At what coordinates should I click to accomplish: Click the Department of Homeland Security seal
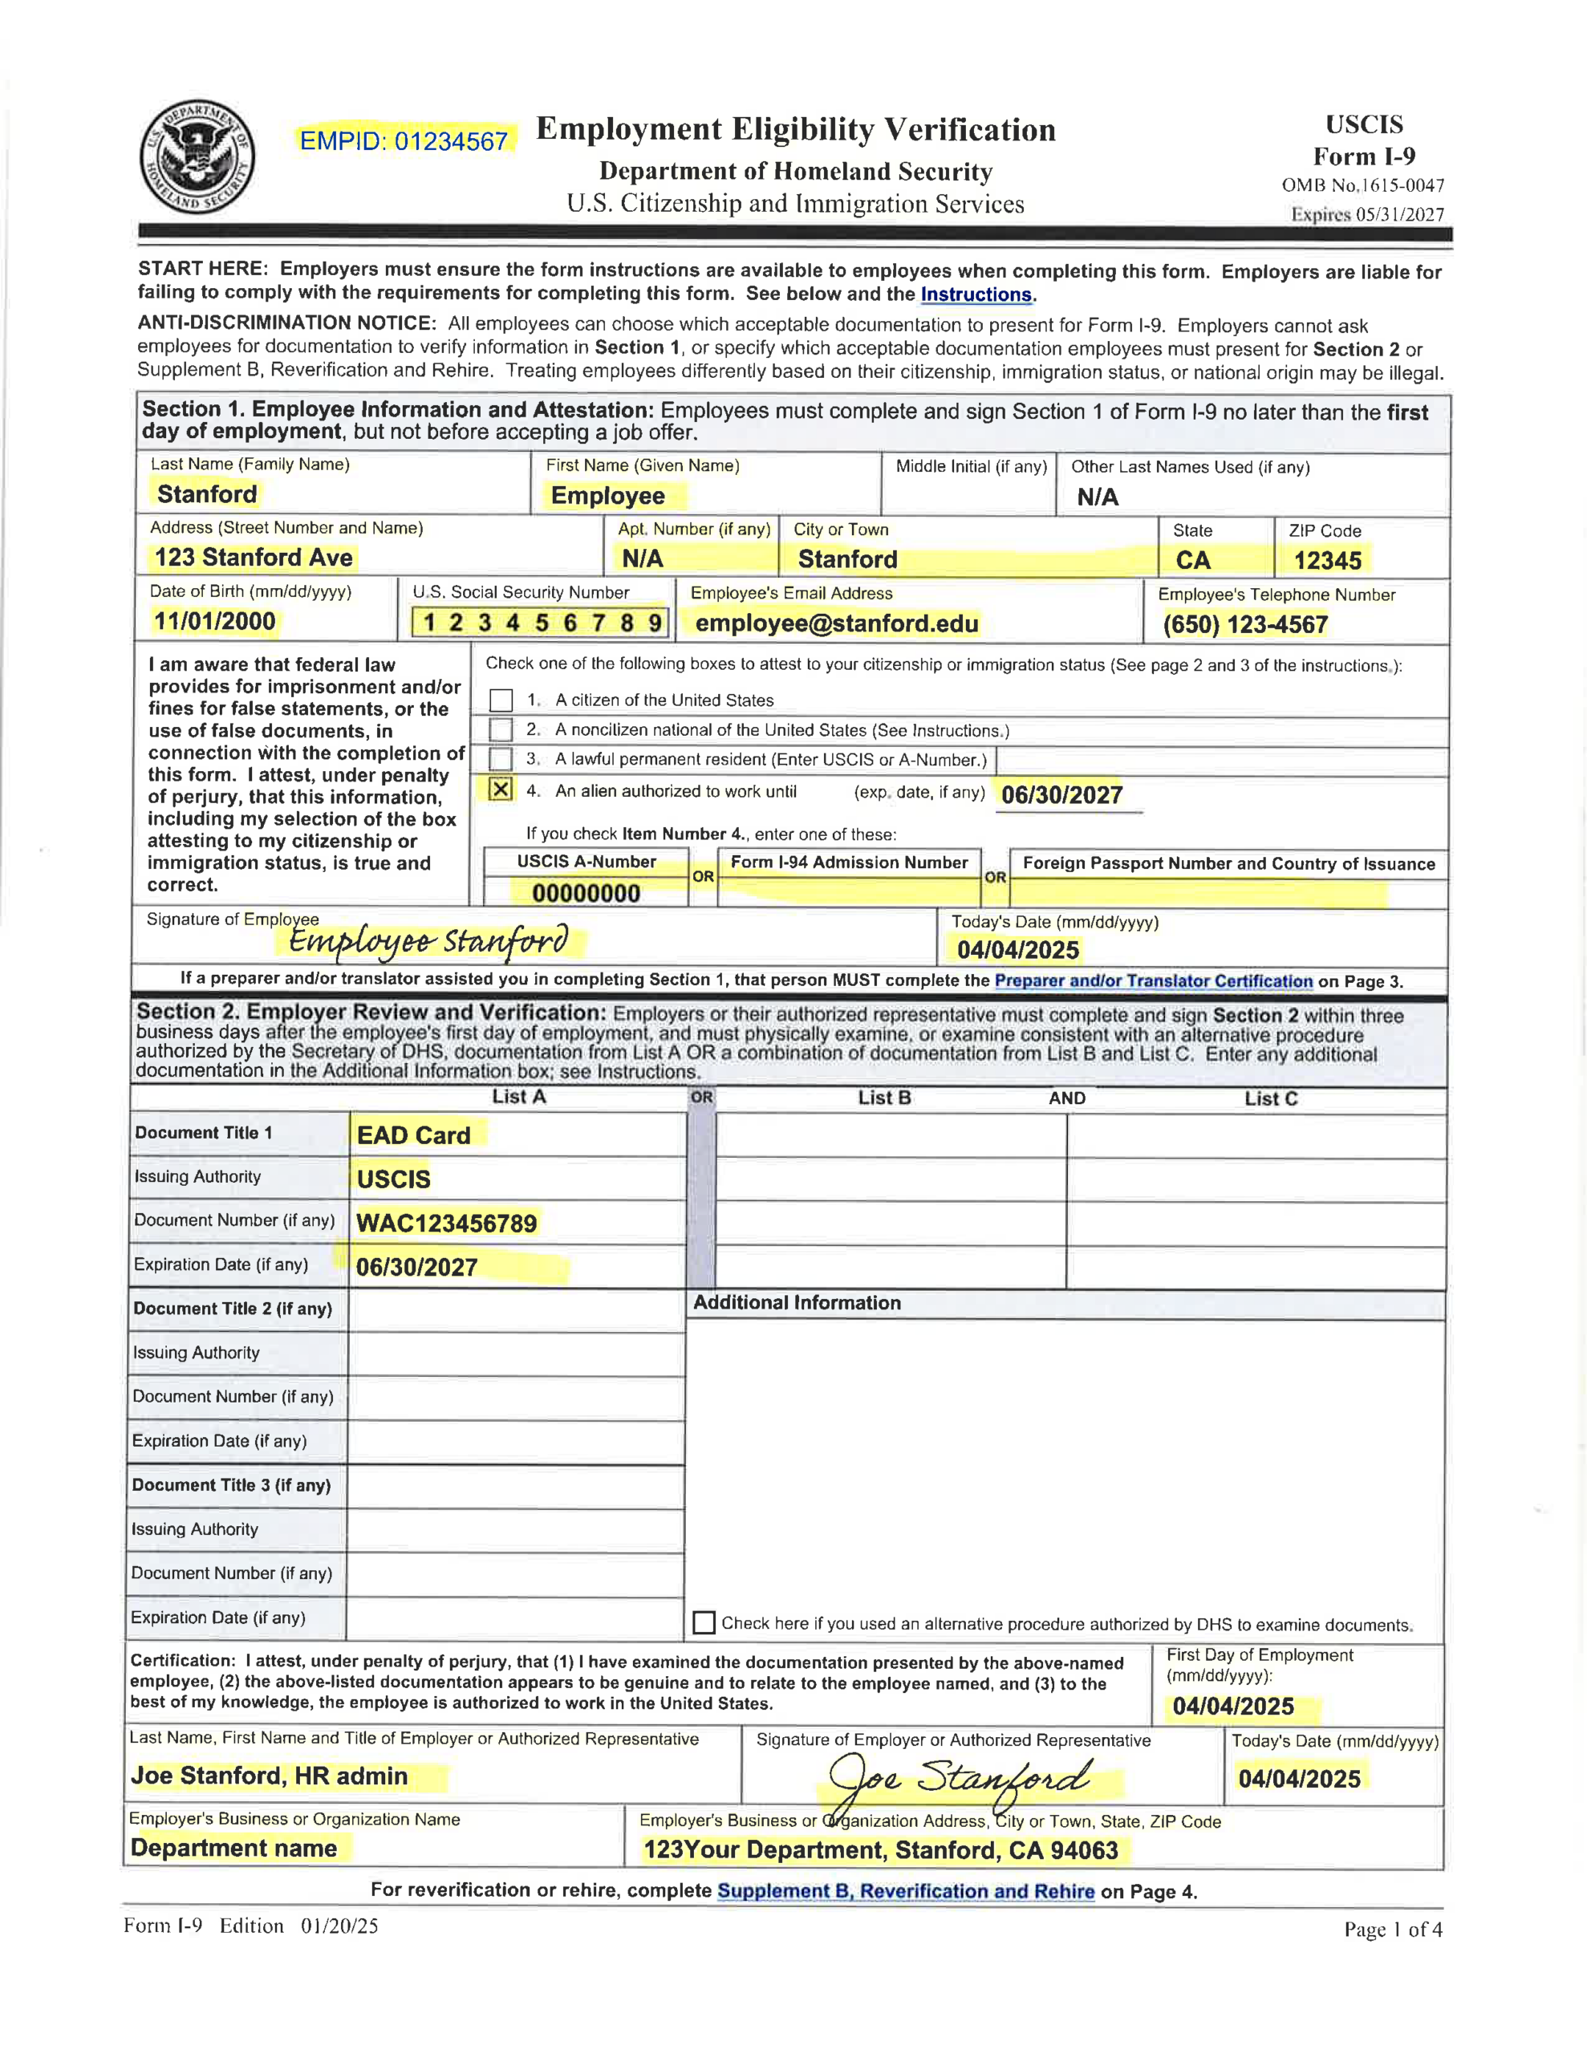[197, 157]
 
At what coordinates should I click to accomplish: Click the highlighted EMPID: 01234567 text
[404, 141]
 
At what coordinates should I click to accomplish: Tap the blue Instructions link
[976, 294]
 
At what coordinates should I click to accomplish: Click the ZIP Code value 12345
[1326, 561]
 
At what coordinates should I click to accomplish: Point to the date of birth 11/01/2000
[214, 621]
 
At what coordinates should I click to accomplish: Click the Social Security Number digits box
[541, 622]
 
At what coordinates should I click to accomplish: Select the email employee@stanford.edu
[836, 623]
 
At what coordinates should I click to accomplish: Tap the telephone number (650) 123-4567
[1244, 624]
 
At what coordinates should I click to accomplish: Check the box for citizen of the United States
[501, 700]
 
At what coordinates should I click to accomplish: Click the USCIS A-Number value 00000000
[585, 892]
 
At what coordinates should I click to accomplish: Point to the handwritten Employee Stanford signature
[428, 940]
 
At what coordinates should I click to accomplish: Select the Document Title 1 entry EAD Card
[414, 1135]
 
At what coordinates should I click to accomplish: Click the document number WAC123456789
[446, 1223]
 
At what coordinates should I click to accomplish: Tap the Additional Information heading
[797, 1302]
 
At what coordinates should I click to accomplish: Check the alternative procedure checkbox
[703, 1622]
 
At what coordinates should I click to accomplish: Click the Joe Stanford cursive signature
[960, 1777]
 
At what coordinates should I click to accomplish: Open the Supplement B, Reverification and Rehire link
[905, 1891]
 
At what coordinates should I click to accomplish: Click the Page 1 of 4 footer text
[1392, 1930]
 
